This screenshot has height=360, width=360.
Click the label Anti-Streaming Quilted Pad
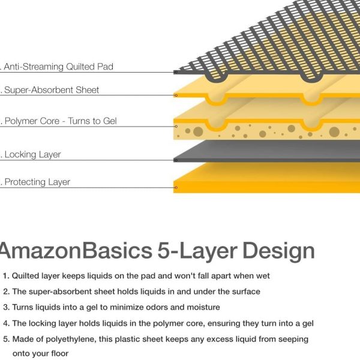(58, 67)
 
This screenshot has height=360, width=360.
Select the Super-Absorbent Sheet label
(52, 90)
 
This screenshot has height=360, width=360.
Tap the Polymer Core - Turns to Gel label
(61, 121)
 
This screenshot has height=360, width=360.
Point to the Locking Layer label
(32, 155)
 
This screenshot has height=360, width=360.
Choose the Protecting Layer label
(37, 182)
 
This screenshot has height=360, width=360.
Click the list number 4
(5, 323)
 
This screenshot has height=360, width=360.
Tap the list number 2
(5, 292)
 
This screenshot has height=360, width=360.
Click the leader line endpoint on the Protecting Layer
(175, 187)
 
